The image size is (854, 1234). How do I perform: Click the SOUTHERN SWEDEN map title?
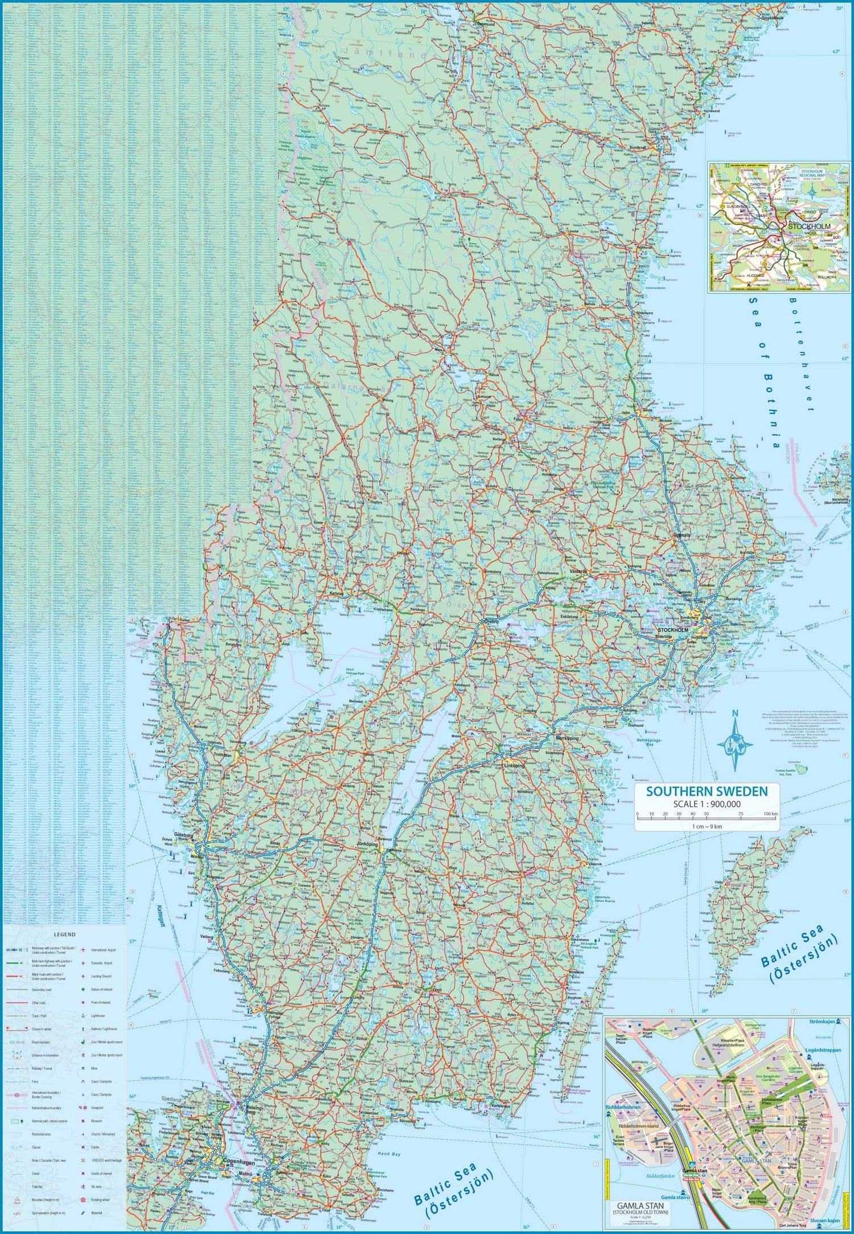click(707, 790)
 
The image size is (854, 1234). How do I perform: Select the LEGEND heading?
click(64, 934)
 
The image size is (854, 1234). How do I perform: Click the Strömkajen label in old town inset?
click(823, 1022)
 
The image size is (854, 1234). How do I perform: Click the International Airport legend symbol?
click(83, 950)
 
